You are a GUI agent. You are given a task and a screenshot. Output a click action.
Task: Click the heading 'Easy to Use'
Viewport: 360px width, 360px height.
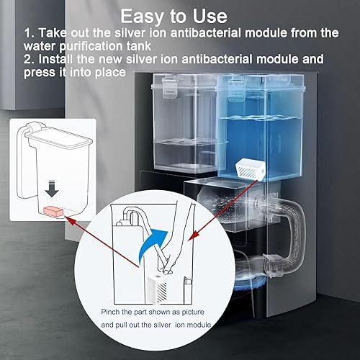pyautogui.click(x=174, y=17)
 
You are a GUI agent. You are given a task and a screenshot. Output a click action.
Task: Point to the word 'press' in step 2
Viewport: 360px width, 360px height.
pyautogui.click(x=40, y=73)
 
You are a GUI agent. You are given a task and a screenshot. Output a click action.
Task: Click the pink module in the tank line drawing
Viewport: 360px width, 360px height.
pyautogui.click(x=53, y=212)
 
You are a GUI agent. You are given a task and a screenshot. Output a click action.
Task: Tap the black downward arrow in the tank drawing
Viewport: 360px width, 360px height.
pyautogui.click(x=52, y=189)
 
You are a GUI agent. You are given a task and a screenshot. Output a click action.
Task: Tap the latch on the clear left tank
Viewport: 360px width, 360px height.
pyautogui.click(x=170, y=87)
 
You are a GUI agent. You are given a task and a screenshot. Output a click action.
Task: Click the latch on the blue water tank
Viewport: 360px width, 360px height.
pyautogui.click(x=236, y=89)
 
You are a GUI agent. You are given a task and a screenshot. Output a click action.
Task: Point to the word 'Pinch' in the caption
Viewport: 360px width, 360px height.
pyautogui.click(x=110, y=312)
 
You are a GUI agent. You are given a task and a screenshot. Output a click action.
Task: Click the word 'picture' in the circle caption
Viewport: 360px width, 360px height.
pyautogui.click(x=193, y=312)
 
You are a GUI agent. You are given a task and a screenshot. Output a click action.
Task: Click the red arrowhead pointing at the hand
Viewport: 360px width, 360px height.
pyautogui.click(x=192, y=235)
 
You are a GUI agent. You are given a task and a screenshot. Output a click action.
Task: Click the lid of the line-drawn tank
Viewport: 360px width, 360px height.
pyautogui.click(x=59, y=138)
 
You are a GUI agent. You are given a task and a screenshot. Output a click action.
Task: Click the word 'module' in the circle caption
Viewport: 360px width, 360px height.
pyautogui.click(x=199, y=325)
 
